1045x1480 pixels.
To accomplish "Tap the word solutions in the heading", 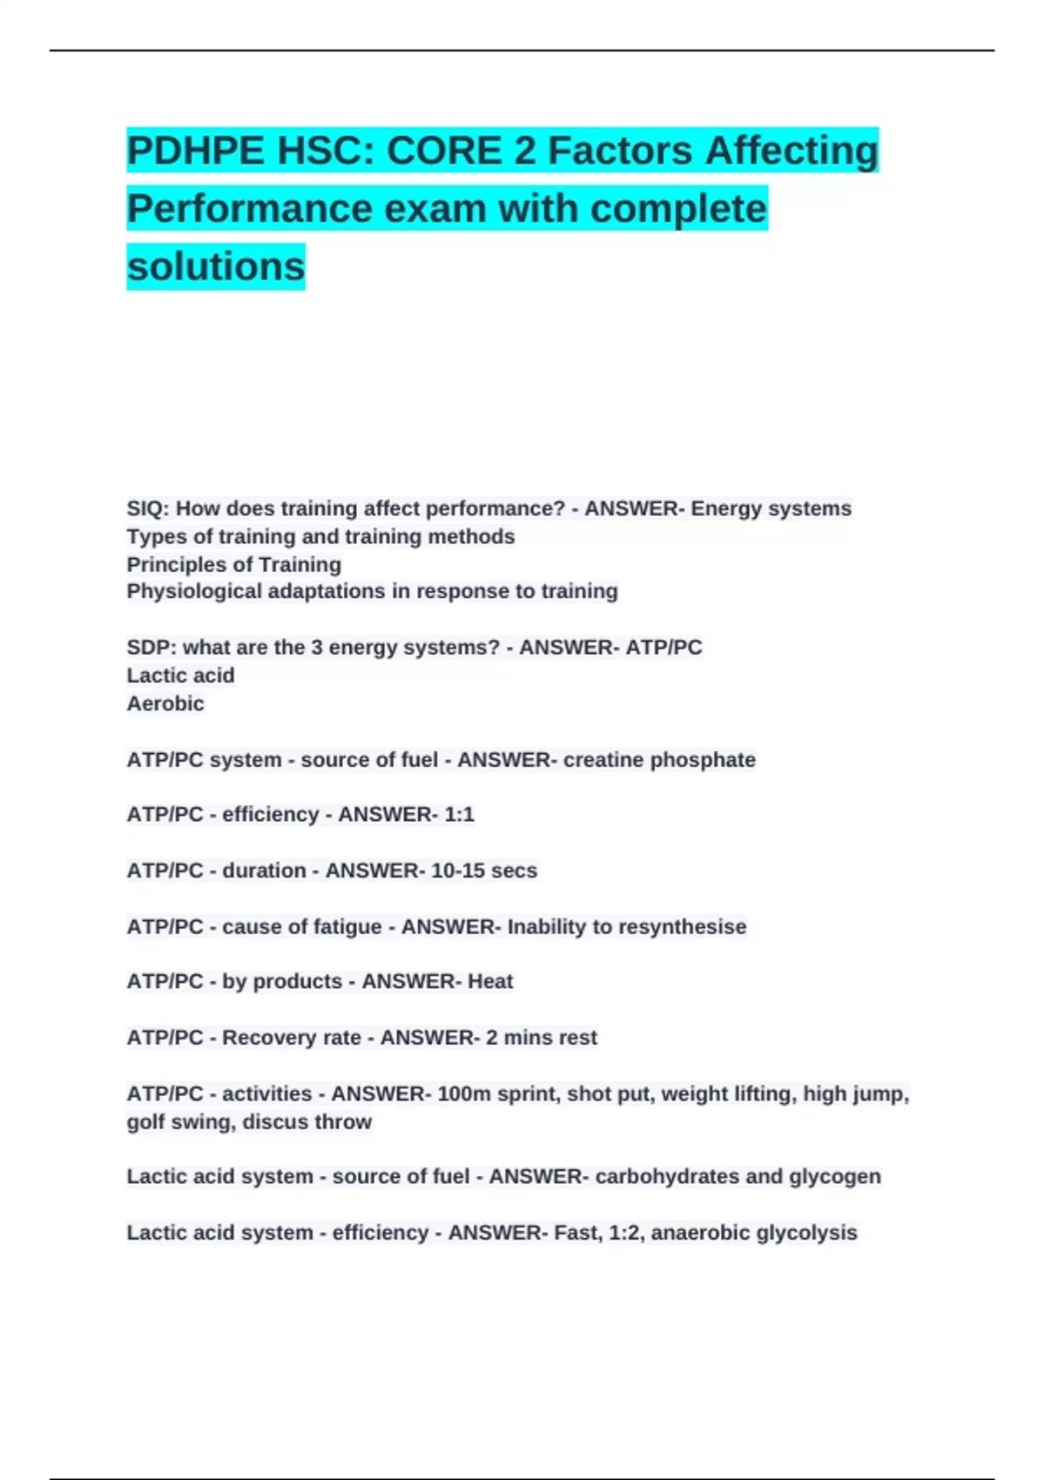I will [x=216, y=266].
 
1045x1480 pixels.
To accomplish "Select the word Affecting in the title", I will [x=791, y=151].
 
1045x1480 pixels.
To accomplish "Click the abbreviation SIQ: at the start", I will [x=148, y=508].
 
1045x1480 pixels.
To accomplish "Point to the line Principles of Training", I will [x=233, y=564].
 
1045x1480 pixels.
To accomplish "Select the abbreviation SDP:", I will [x=151, y=648].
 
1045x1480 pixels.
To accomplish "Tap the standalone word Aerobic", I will [x=165, y=703].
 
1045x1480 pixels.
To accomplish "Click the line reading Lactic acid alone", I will [x=180, y=676].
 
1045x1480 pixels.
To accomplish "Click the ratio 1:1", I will [x=458, y=815].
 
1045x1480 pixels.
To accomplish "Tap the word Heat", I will [x=490, y=982].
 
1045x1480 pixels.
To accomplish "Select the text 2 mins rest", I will [x=541, y=1038].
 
